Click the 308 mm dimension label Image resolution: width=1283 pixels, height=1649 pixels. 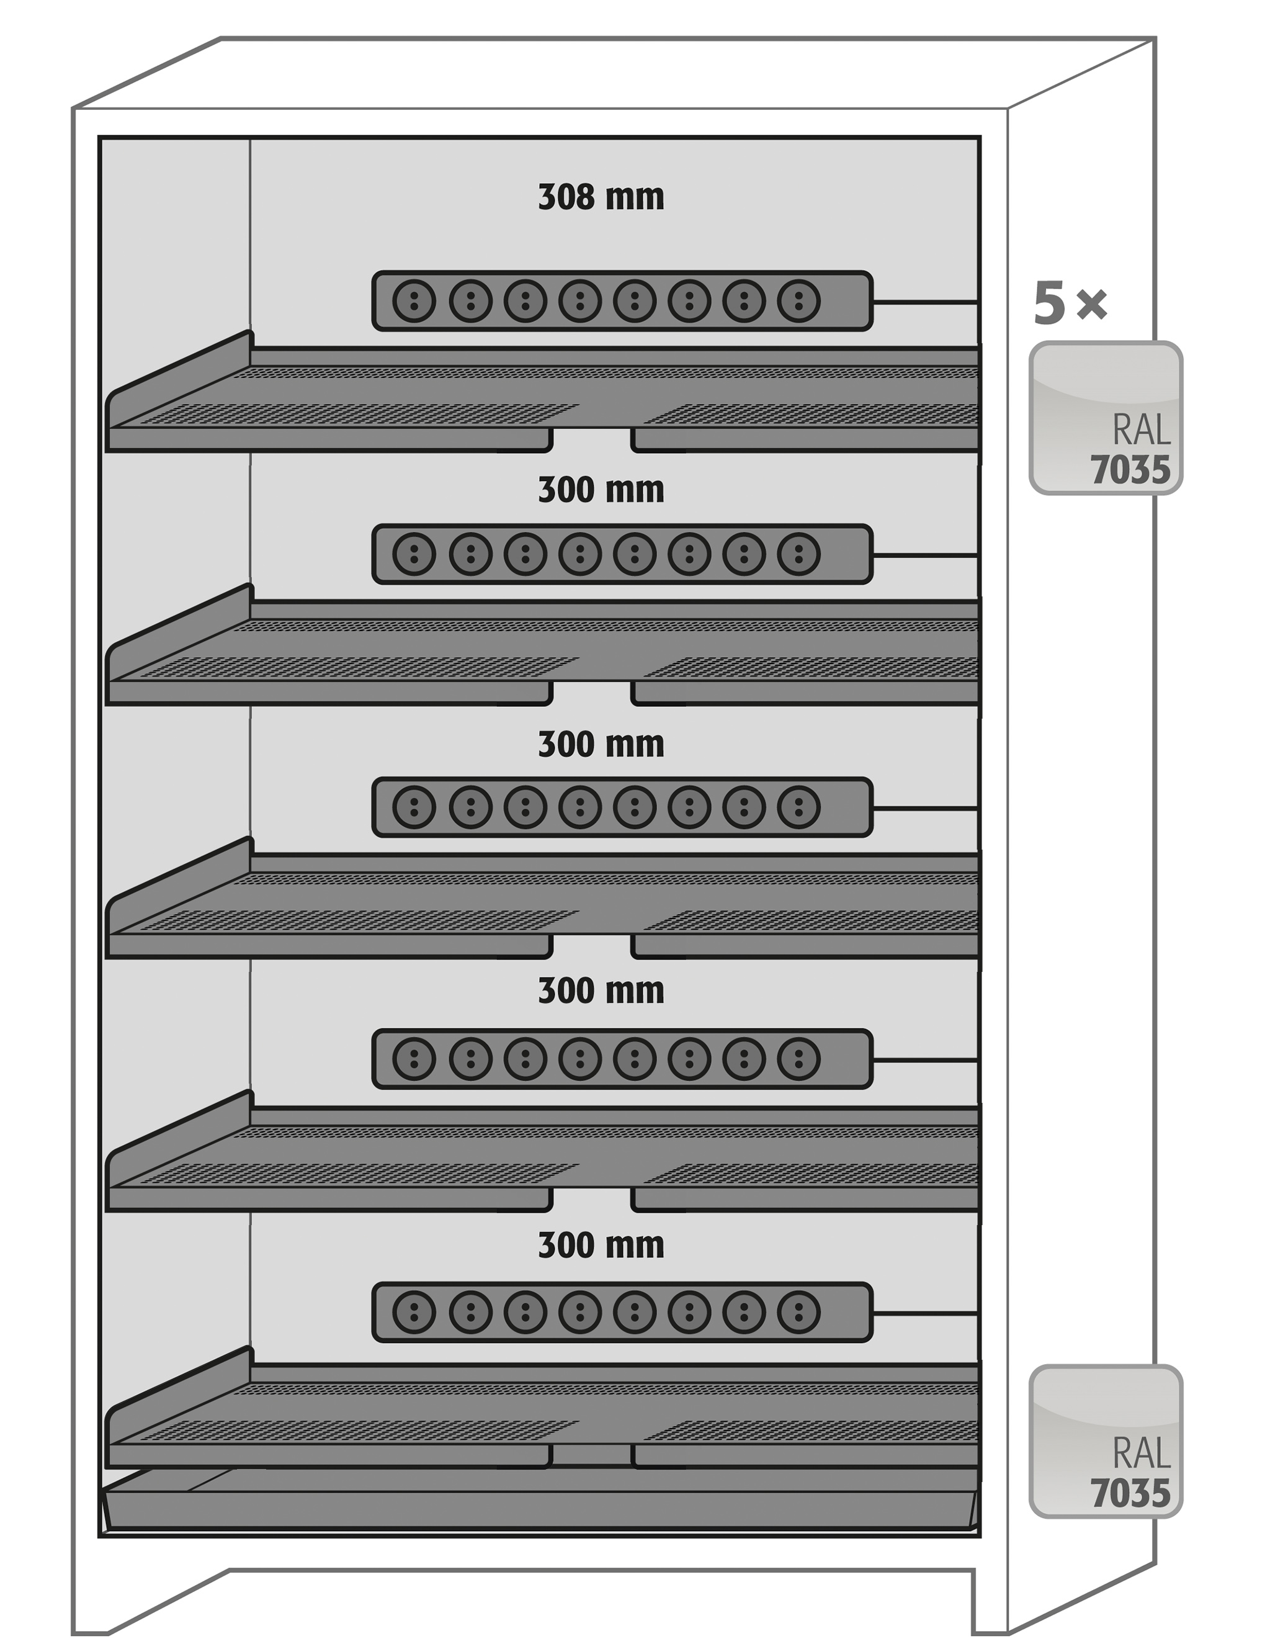(x=601, y=197)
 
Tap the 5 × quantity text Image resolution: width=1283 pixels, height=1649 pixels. (x=1070, y=303)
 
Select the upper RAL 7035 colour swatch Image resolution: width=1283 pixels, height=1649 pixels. (x=1105, y=418)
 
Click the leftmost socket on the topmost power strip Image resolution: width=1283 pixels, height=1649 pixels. (x=414, y=301)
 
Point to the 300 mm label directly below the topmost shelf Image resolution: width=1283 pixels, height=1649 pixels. (x=601, y=490)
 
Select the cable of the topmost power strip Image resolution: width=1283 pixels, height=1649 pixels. (x=925, y=302)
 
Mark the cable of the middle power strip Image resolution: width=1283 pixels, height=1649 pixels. (x=925, y=808)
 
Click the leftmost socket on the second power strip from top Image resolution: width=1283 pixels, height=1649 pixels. (x=414, y=554)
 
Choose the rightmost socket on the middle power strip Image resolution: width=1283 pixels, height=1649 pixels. (x=798, y=807)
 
